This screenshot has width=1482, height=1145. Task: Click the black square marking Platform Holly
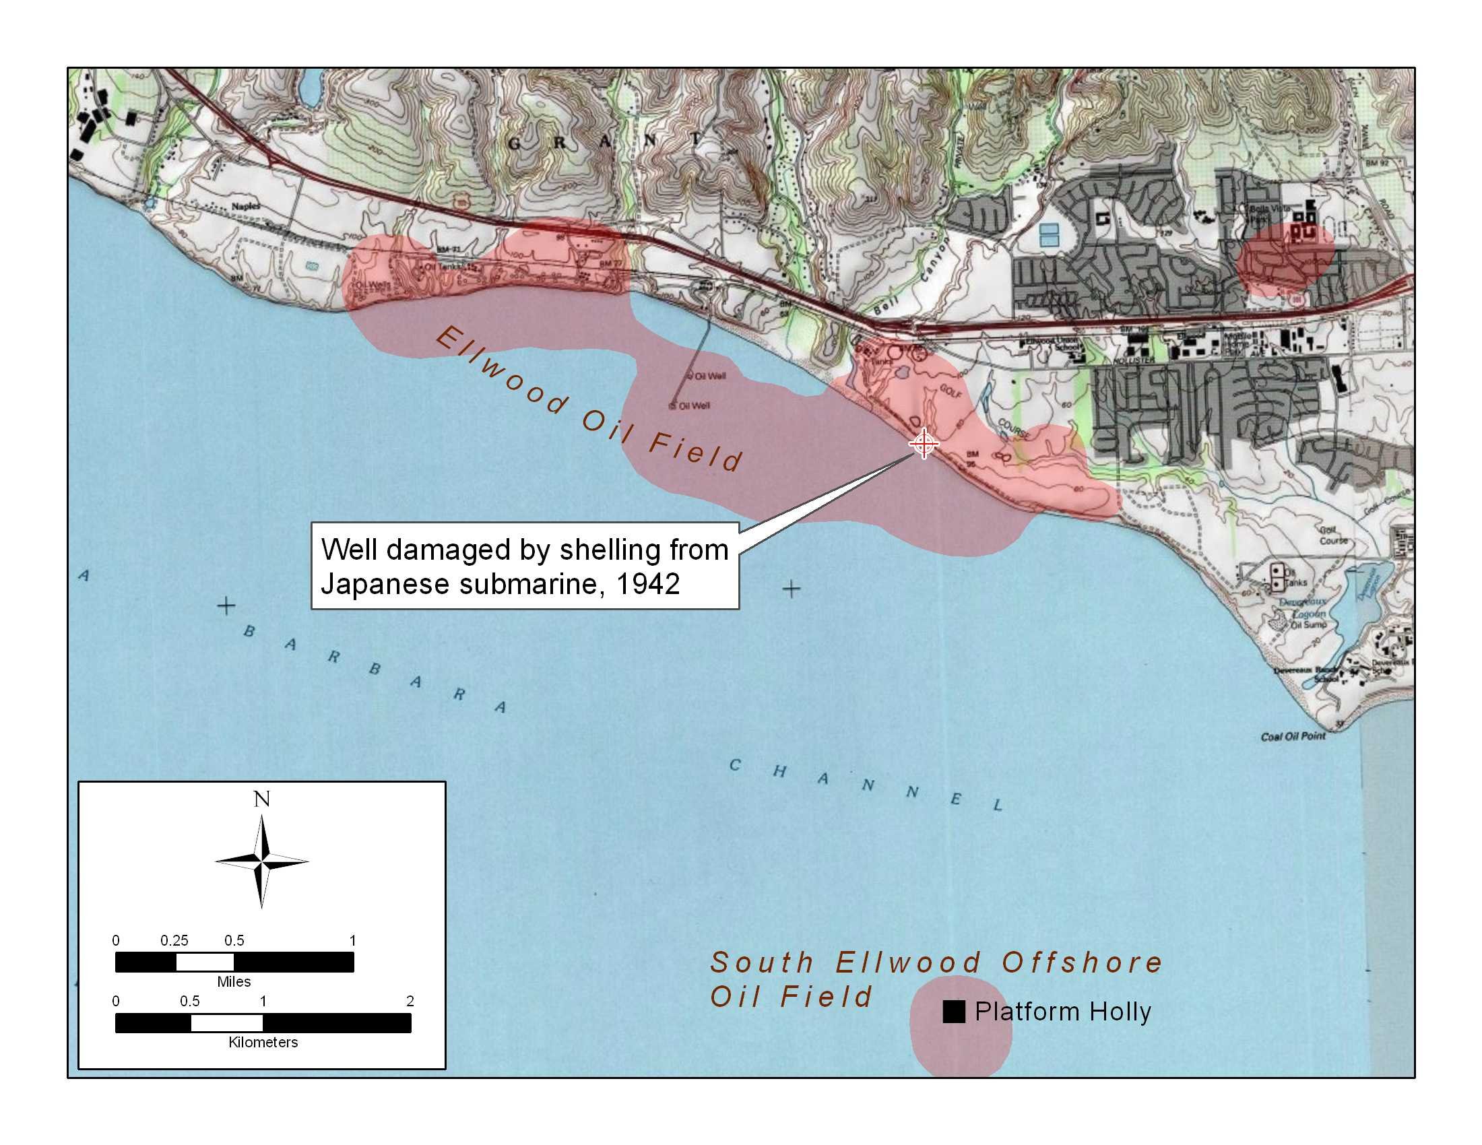point(953,1012)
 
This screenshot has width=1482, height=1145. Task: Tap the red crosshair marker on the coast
point(924,444)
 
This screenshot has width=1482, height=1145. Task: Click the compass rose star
point(262,861)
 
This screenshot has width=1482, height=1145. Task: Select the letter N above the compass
point(262,799)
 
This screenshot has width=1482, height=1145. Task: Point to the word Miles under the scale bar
point(234,981)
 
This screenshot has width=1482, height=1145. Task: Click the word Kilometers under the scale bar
point(263,1042)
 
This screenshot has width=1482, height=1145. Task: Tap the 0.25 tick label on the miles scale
point(174,940)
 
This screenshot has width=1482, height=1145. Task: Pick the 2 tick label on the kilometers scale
point(410,1000)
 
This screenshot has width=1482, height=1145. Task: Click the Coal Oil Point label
point(1293,737)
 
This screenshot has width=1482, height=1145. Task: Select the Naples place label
point(246,206)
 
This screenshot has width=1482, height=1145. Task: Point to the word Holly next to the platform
point(1120,1012)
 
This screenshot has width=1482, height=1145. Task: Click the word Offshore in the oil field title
point(1083,962)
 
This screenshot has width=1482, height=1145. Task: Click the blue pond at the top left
point(309,88)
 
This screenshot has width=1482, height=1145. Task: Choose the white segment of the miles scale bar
point(205,962)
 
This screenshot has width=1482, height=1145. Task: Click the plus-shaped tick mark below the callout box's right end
point(792,589)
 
